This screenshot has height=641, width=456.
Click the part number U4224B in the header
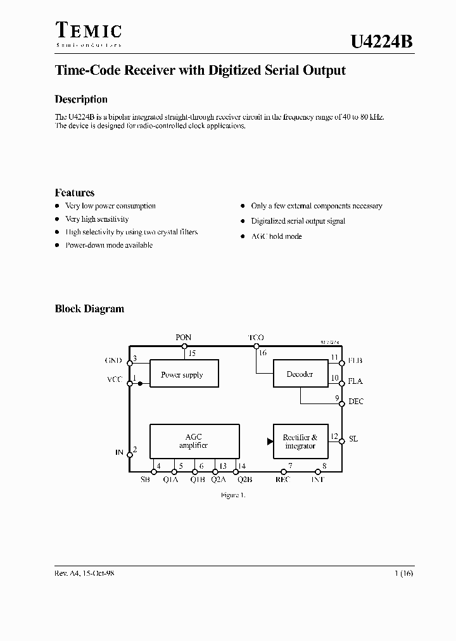(x=382, y=42)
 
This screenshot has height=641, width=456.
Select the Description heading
(x=81, y=99)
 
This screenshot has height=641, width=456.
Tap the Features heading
(x=75, y=193)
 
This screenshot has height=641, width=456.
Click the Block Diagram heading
(x=89, y=309)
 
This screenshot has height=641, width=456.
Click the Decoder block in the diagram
(x=300, y=374)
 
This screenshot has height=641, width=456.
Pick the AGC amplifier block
(x=194, y=441)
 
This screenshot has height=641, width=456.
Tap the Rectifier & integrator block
(x=300, y=441)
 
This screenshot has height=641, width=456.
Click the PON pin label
(x=184, y=338)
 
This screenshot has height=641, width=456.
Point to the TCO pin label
(x=256, y=338)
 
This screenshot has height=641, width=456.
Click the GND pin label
(x=113, y=360)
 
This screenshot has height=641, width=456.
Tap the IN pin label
(x=118, y=452)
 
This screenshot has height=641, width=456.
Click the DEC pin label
(x=356, y=402)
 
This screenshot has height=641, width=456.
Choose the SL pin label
(x=353, y=438)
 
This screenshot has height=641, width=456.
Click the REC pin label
(x=282, y=480)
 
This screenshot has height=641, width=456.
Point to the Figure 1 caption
(x=232, y=495)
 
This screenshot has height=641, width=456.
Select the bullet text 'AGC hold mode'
(x=276, y=236)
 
